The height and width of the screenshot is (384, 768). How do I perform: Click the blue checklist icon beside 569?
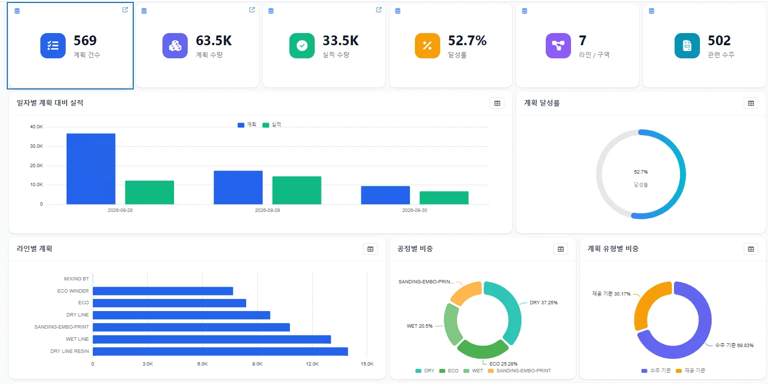tap(53, 46)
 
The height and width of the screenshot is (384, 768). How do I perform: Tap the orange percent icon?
tap(427, 46)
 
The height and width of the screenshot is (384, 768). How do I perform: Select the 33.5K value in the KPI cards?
tap(340, 40)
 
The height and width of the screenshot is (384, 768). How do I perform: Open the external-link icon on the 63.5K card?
tap(252, 10)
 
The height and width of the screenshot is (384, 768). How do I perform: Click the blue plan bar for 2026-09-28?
tap(91, 169)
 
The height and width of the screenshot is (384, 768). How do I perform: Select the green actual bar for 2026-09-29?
tap(297, 191)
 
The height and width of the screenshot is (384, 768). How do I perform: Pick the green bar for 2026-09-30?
tap(444, 198)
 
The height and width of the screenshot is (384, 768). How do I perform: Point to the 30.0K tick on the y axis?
tap(36, 146)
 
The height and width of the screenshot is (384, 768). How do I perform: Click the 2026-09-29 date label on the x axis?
tap(268, 210)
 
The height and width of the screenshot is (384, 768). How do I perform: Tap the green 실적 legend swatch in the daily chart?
tap(266, 125)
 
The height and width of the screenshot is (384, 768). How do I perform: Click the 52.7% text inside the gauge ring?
tap(641, 172)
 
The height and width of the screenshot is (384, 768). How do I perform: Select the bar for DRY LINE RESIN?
tap(220, 351)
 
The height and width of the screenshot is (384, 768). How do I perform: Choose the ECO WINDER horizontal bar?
tap(163, 291)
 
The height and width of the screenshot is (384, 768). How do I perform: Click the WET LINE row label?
tap(77, 339)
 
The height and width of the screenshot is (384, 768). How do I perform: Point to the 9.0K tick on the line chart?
tap(257, 364)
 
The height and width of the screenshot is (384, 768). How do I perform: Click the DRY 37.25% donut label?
tap(543, 303)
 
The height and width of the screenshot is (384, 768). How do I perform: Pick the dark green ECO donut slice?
tap(483, 350)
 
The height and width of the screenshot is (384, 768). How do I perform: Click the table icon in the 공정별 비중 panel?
tap(561, 249)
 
